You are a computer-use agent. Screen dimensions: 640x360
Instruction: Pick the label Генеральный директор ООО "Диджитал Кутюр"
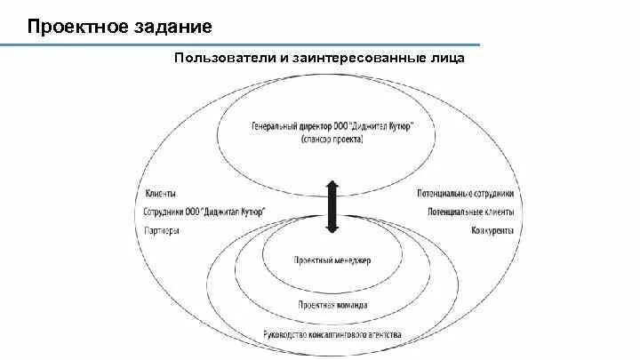coord(331,126)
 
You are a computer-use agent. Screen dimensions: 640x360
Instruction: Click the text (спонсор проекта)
coord(332,140)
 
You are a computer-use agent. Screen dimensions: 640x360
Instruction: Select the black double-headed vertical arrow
coord(332,206)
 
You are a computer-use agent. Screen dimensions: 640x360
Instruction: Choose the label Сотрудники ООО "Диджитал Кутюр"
coord(204,212)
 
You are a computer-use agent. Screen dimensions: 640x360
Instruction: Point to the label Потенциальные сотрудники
coord(465,194)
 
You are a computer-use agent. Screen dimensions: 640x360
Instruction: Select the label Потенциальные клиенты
coord(470,212)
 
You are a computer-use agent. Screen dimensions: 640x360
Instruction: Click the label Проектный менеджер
coord(332,260)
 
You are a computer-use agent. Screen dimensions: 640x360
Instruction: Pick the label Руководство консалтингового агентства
coord(332,335)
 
